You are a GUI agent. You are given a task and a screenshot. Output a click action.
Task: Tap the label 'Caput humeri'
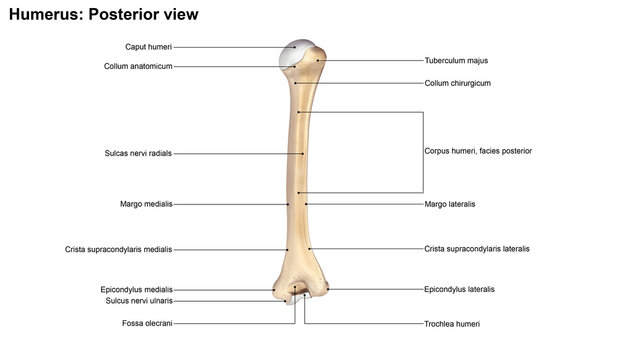pyautogui.click(x=149, y=47)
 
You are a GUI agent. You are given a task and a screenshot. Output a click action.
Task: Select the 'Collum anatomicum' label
pyautogui.click(x=138, y=66)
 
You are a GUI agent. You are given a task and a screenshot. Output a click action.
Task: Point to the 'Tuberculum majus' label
pyautogui.click(x=456, y=60)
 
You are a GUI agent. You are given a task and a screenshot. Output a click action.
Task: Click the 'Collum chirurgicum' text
pyautogui.click(x=457, y=83)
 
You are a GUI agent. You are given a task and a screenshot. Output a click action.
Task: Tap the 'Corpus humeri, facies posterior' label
pyautogui.click(x=478, y=151)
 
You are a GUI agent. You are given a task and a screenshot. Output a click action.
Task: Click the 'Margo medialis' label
pyautogui.click(x=146, y=203)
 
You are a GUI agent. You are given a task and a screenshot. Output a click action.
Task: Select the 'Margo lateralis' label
pyautogui.click(x=450, y=204)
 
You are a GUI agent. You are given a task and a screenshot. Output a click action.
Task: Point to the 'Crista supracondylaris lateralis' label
pyautogui.click(x=477, y=248)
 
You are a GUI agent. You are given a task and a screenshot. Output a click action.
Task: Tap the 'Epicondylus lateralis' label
pyautogui.click(x=459, y=289)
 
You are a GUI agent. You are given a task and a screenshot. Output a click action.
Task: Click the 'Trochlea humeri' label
pyautogui.click(x=454, y=324)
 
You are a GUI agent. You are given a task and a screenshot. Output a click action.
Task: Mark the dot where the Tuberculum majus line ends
pyautogui.click(x=319, y=60)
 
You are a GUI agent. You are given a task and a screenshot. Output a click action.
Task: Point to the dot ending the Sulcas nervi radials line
pyautogui.click(x=303, y=154)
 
